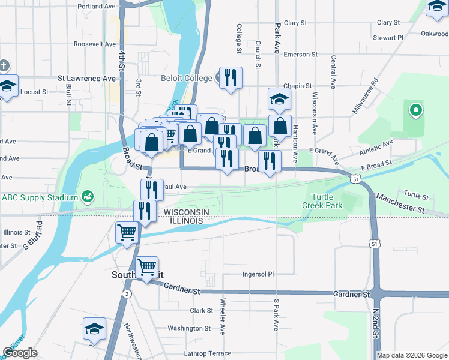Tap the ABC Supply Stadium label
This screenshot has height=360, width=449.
[40, 197]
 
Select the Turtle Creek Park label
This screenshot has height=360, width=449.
[325, 202]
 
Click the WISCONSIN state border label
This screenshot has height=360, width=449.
[186, 212]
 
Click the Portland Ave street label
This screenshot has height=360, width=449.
[96, 7]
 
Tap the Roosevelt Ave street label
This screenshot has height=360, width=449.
[94, 44]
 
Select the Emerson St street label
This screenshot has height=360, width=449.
[300, 55]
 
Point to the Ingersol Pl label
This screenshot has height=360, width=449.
[258, 274]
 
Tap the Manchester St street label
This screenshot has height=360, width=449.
[400, 203]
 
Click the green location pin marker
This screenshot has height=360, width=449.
[415, 110]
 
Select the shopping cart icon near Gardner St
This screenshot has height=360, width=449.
[146, 268]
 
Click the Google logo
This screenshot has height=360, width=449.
[20, 353]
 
